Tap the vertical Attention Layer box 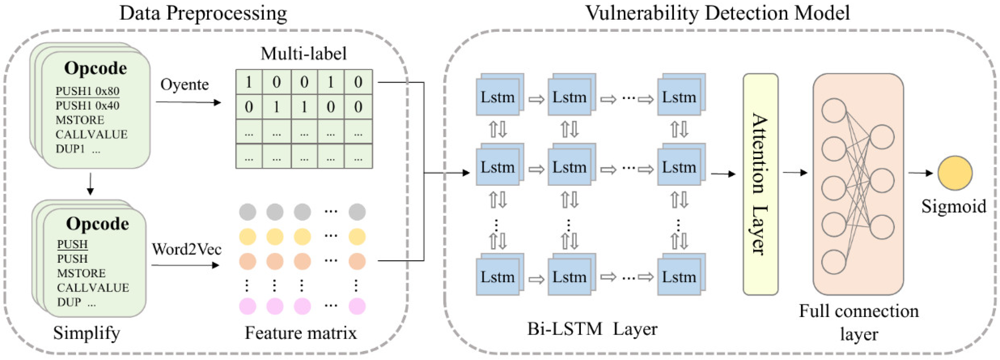(x=760, y=184)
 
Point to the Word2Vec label (x=186, y=249)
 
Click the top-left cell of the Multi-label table (x=249, y=82)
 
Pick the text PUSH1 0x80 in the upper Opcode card (x=87, y=91)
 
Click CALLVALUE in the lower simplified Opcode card (x=93, y=287)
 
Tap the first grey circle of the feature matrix (x=248, y=212)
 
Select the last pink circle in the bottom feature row (x=357, y=306)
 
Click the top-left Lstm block (x=498, y=97)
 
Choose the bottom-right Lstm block (x=679, y=277)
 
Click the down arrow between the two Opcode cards (x=90, y=184)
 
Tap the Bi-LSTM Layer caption (x=592, y=329)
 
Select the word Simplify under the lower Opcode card (x=87, y=333)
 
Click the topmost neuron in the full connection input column (x=833, y=110)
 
